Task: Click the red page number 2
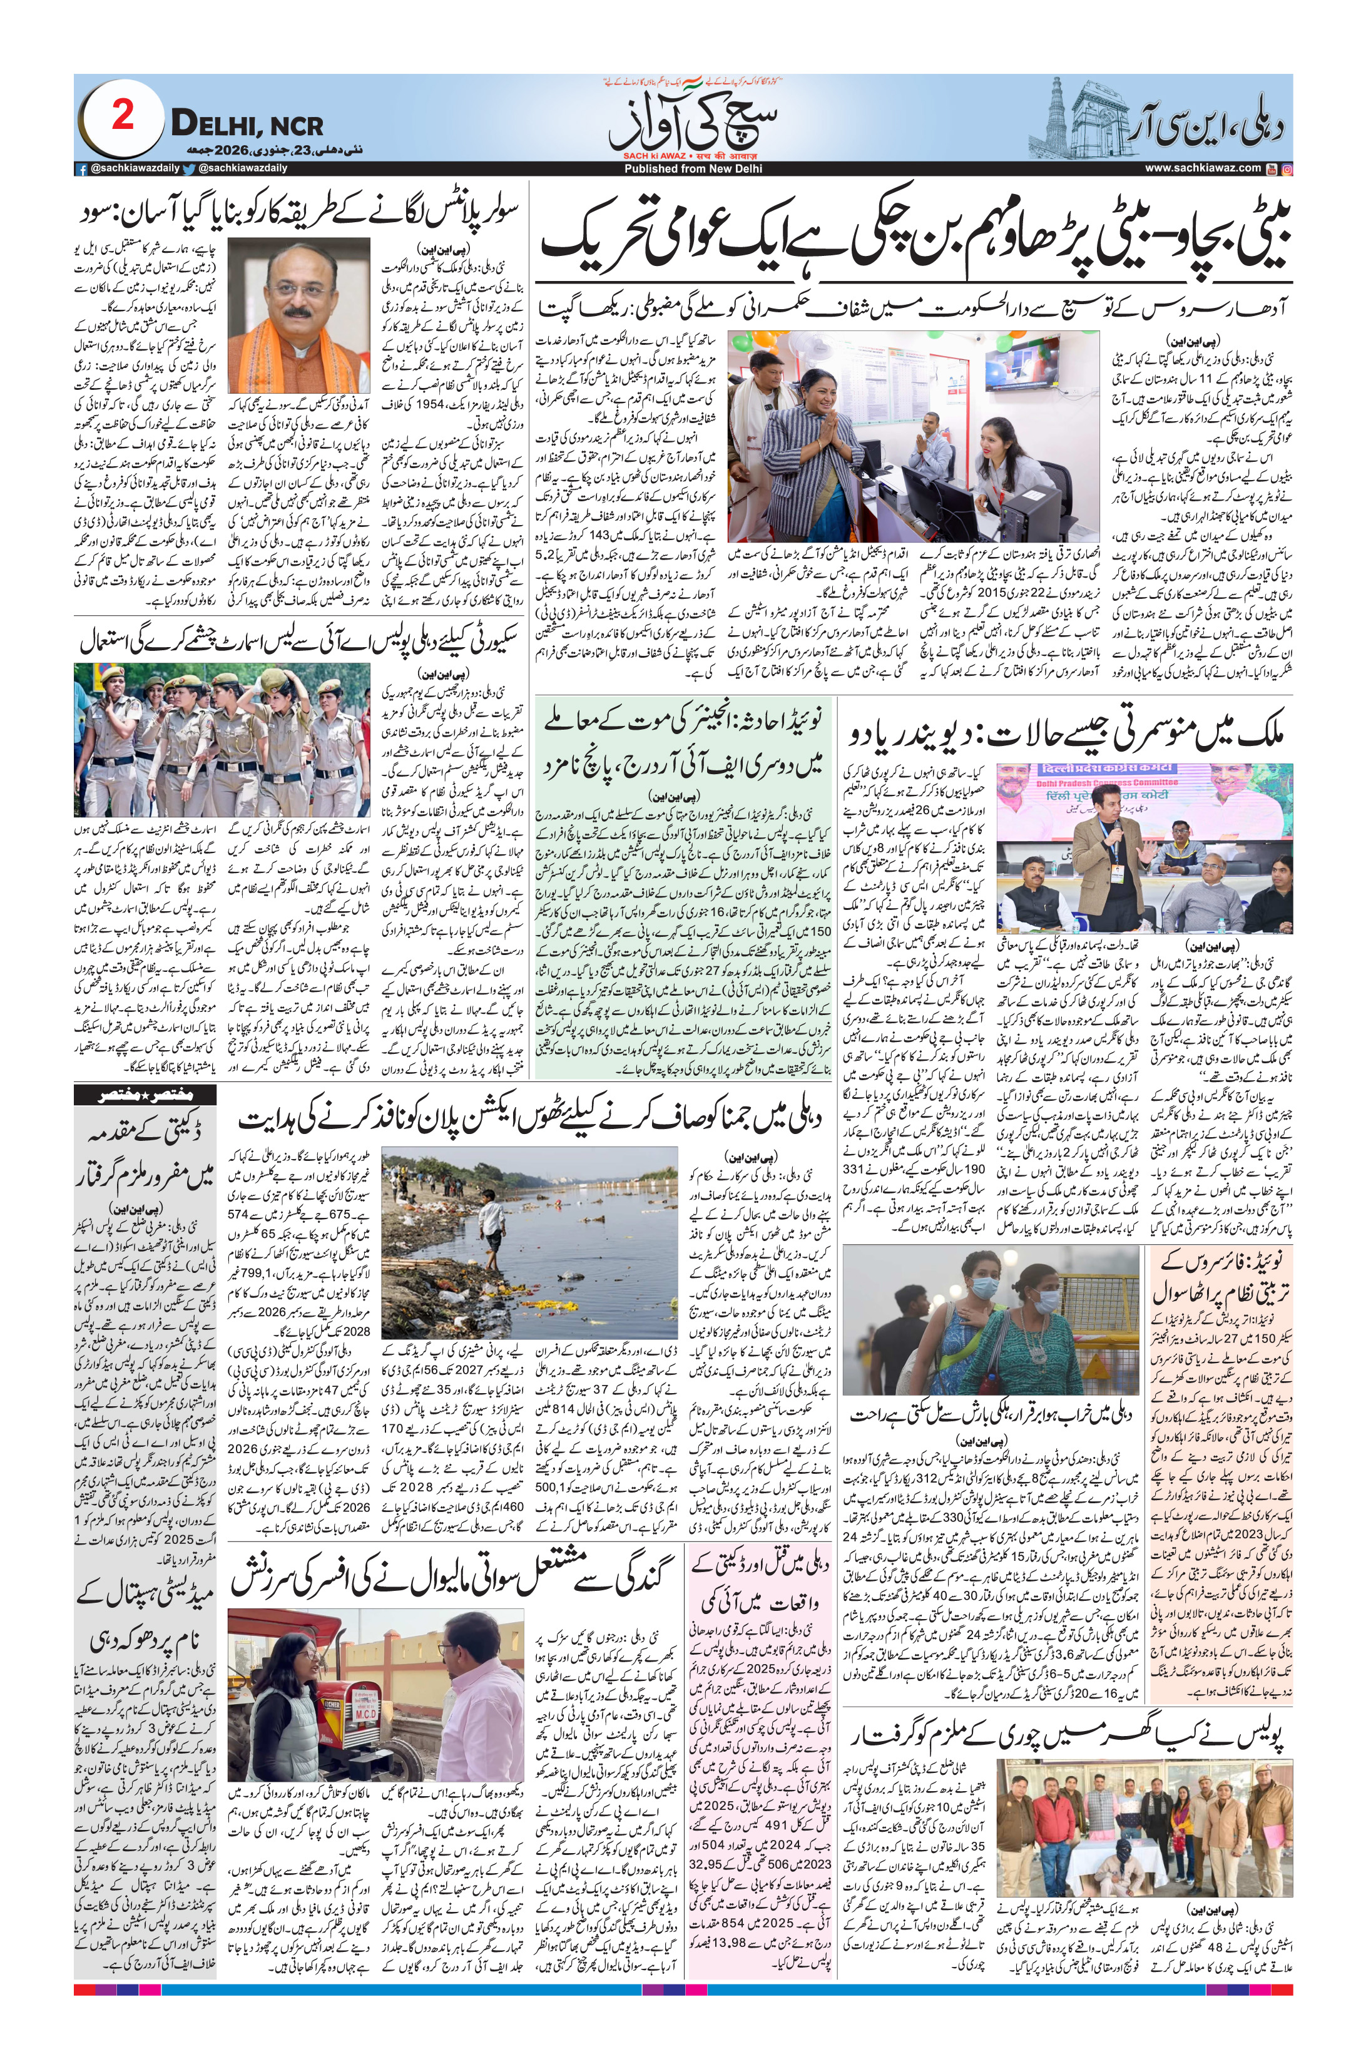point(123,116)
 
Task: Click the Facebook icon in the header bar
point(81,169)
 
